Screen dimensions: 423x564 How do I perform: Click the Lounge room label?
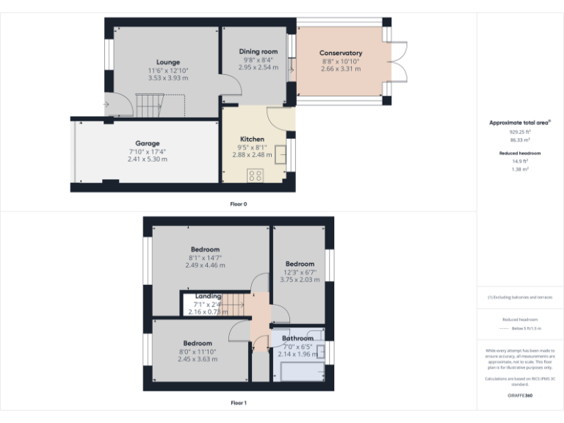click(168, 62)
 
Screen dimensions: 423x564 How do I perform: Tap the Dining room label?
click(258, 51)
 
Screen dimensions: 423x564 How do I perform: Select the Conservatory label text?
click(341, 53)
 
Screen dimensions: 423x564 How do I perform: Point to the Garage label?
click(147, 143)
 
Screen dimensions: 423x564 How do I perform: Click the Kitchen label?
click(252, 139)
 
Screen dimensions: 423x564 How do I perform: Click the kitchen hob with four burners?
click(256, 176)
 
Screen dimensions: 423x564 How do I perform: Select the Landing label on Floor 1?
click(208, 296)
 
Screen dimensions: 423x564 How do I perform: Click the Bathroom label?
click(297, 339)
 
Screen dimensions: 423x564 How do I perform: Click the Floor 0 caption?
click(238, 203)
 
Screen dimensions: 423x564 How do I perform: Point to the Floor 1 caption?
click(238, 402)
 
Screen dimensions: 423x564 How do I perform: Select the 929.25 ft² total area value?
click(520, 131)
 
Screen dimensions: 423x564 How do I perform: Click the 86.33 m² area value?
click(520, 140)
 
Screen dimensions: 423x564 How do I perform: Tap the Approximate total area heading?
click(518, 123)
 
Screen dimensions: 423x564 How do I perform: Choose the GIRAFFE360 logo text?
click(520, 396)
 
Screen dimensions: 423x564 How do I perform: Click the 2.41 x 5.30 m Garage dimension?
click(147, 159)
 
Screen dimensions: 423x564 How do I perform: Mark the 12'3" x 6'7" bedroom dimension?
click(300, 272)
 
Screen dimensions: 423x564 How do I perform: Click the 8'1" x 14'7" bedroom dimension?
click(205, 258)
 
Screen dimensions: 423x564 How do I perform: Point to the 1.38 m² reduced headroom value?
click(520, 169)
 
